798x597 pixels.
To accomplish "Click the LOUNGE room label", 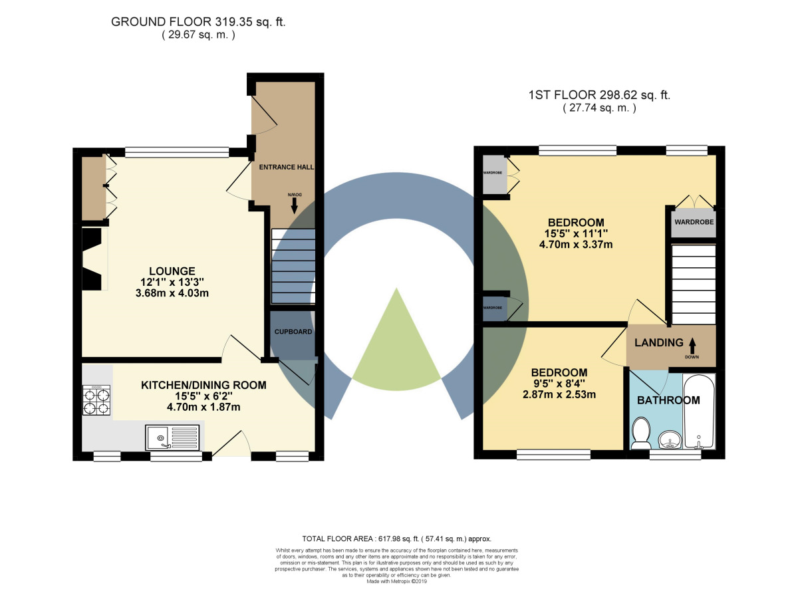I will click(172, 271).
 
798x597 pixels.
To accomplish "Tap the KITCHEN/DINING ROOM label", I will click(203, 385).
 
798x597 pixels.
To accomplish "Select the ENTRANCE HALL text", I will click(286, 166).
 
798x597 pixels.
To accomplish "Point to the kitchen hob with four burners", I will click(96, 401).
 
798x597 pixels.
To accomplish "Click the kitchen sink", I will click(171, 437).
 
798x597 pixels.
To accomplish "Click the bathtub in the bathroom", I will click(699, 412).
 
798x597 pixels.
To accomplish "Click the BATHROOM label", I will click(668, 400).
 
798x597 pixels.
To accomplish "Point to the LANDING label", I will click(658, 343).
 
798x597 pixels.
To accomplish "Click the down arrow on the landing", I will click(692, 345).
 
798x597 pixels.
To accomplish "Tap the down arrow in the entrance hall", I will click(294, 205).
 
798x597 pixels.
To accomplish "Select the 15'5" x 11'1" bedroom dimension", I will click(575, 233).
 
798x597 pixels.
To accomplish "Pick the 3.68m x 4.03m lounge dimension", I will click(172, 293).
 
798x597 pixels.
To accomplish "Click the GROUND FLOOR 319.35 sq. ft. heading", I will click(198, 22).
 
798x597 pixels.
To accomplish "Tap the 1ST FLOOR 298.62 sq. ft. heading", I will click(598, 95).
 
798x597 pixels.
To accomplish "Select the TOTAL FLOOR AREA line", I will click(396, 538).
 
